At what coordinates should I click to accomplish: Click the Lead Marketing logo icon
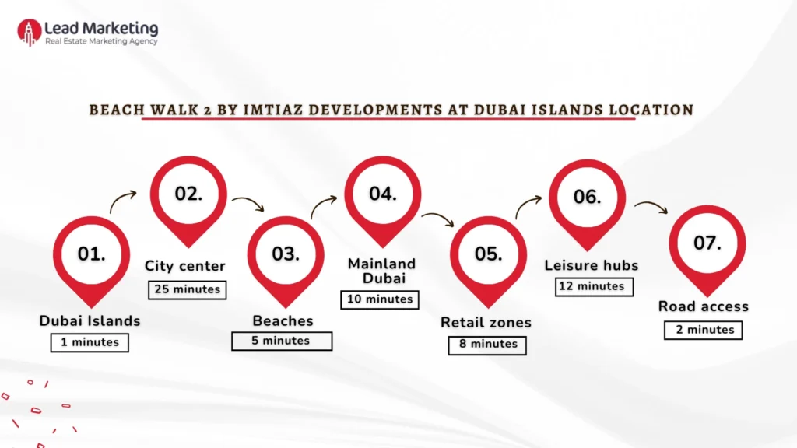29,32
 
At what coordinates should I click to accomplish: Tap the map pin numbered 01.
91,254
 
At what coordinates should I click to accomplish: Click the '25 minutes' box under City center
185,289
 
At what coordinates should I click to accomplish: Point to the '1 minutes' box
90,342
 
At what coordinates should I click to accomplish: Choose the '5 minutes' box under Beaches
281,341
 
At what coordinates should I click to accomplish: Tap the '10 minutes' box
380,299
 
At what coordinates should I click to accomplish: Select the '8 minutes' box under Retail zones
488,344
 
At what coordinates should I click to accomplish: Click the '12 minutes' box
595,286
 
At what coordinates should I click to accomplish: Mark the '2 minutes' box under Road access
704,330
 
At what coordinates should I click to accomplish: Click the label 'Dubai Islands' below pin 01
90,320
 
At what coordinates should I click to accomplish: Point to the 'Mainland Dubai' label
381,271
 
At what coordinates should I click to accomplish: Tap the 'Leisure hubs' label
592,265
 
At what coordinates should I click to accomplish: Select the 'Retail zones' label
486,322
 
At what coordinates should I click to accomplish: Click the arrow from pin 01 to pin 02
123,202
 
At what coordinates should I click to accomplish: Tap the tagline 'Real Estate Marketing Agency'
101,41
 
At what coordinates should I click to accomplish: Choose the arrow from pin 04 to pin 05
438,219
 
